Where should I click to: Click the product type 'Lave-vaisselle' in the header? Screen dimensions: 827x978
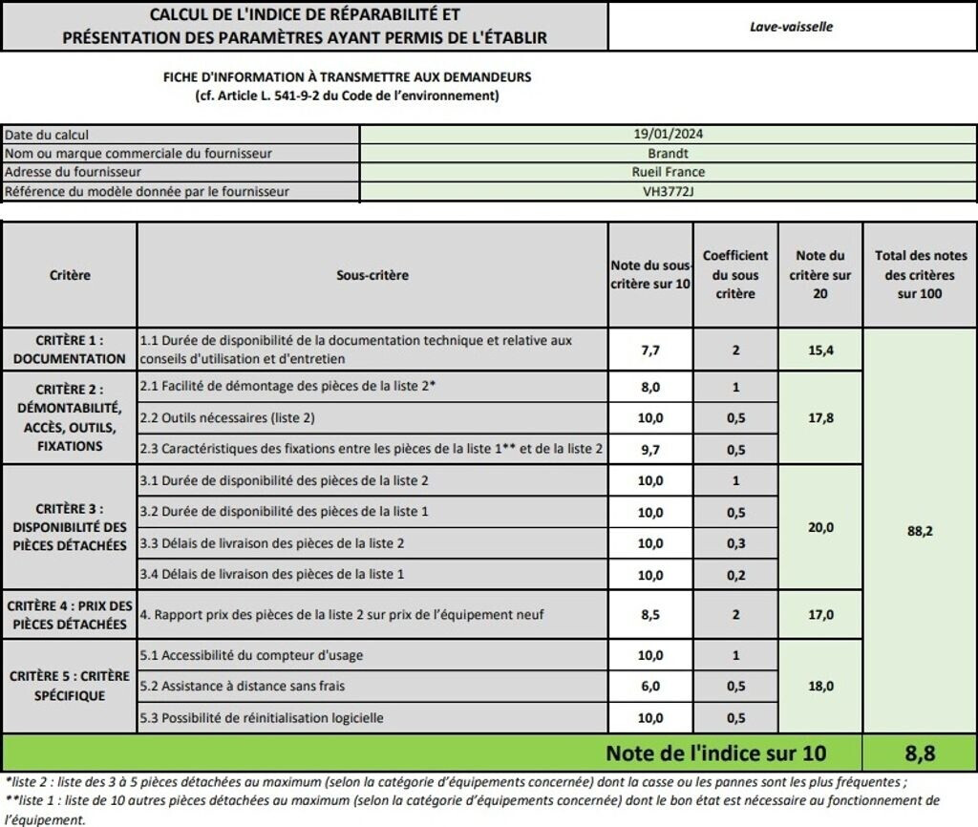click(x=791, y=27)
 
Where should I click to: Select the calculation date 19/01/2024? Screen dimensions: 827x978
click(x=668, y=135)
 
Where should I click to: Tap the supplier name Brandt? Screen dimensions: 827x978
click(x=668, y=153)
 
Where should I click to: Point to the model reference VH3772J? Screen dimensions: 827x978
click(x=668, y=191)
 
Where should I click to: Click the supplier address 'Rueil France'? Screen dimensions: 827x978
click(x=668, y=172)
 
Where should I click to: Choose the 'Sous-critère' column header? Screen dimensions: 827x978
click(x=372, y=275)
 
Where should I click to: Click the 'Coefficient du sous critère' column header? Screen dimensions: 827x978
click(x=735, y=275)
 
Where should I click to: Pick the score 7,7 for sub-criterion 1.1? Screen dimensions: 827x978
click(x=650, y=350)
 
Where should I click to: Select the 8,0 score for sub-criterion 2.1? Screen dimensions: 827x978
click(x=650, y=387)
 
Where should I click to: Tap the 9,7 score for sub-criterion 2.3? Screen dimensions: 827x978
click(x=650, y=449)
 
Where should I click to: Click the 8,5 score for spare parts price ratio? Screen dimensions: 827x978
click(x=650, y=615)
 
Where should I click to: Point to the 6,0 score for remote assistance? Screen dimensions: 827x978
click(x=650, y=687)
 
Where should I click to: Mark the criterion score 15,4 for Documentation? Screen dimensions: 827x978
click(x=820, y=350)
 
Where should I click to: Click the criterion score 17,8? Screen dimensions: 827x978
click(x=820, y=417)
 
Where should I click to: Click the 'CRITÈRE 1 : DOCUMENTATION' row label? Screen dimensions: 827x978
click(x=70, y=350)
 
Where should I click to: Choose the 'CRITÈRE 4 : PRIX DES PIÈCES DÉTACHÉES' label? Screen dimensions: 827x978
click(x=70, y=615)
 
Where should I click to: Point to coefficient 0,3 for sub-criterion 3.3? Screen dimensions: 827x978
click(x=735, y=543)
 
